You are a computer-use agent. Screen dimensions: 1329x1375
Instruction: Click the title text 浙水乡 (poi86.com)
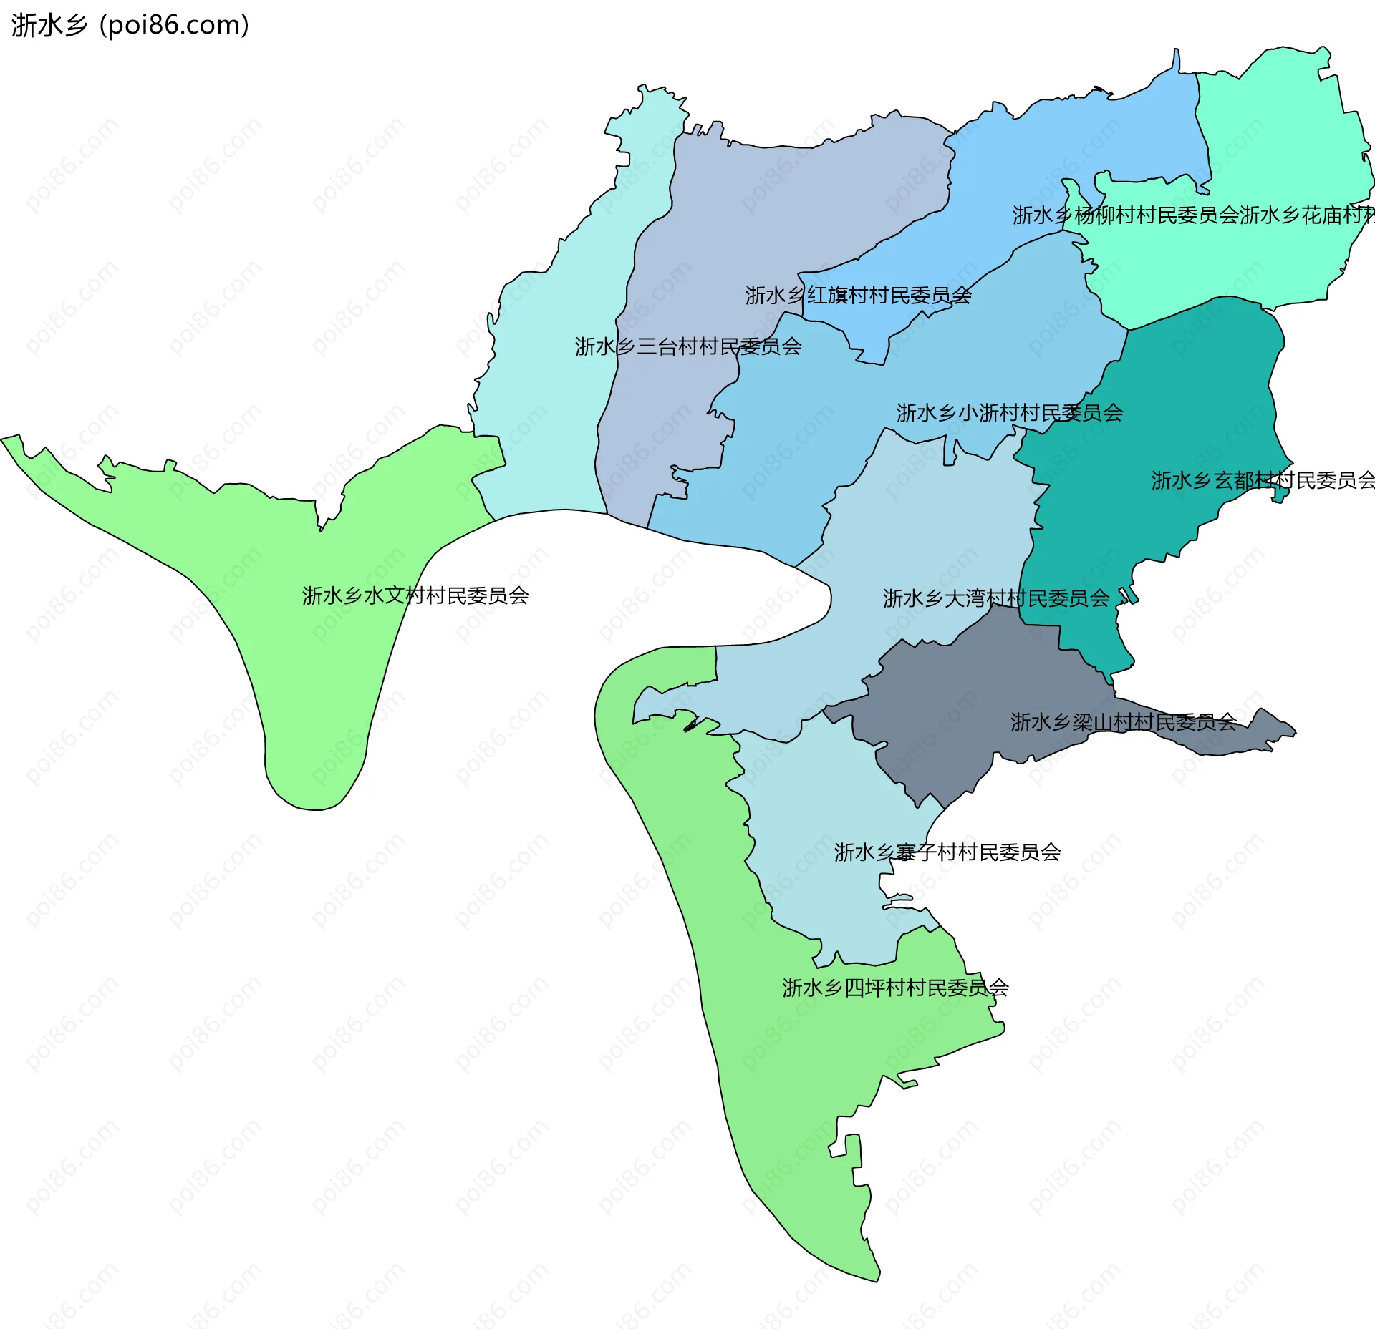[130, 25]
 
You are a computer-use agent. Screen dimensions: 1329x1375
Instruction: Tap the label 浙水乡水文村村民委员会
[415, 595]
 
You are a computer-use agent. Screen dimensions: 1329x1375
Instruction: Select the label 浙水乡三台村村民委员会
[687, 346]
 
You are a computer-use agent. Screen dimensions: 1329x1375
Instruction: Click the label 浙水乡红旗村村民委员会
[858, 295]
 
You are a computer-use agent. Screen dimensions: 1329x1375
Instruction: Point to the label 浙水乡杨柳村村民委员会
[1125, 215]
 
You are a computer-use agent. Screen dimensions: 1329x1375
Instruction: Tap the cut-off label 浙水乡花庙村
[1307, 215]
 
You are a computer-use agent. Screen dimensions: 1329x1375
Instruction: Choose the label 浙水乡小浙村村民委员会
[1009, 412]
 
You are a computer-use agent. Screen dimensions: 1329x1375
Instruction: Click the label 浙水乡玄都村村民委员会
[1263, 479]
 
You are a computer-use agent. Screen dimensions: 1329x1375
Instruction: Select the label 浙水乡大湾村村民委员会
[995, 598]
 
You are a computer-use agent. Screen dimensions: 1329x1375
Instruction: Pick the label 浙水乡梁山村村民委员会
[1123, 721]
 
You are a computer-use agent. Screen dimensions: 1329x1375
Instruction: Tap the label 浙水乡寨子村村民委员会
[947, 852]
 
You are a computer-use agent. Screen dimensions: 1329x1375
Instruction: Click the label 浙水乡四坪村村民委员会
[895, 988]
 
